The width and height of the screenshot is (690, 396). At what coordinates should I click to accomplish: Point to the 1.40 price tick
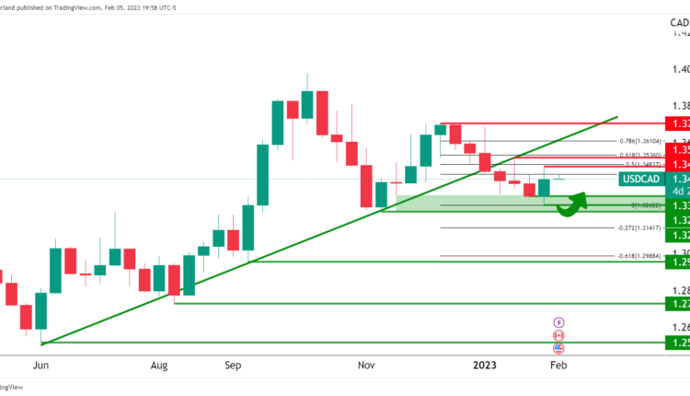click(x=680, y=69)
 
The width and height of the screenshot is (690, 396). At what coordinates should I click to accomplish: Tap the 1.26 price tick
click(x=680, y=327)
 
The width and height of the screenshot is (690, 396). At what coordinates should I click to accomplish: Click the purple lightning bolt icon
click(x=558, y=322)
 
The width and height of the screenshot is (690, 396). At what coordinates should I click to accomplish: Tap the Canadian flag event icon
click(x=558, y=336)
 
